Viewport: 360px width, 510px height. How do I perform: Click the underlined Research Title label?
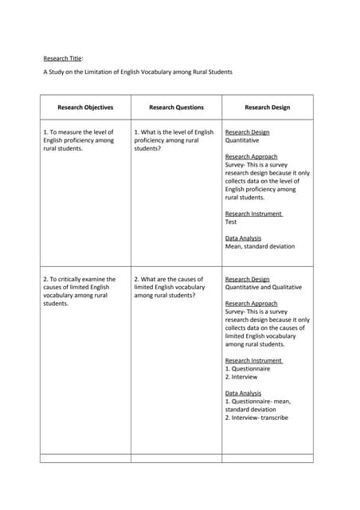pyautogui.click(x=62, y=57)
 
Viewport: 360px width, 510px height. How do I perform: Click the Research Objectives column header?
pyautogui.click(x=85, y=107)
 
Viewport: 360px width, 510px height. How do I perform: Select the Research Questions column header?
pyautogui.click(x=176, y=107)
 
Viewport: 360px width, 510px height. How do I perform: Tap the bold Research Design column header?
pyautogui.click(x=267, y=107)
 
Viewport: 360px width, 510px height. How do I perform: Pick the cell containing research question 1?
pyautogui.click(x=174, y=140)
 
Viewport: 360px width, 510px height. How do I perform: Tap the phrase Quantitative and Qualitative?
pyautogui.click(x=267, y=287)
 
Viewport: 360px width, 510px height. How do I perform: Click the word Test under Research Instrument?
pyautogui.click(x=231, y=222)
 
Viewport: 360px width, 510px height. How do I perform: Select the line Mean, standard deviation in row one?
pyautogui.click(x=260, y=246)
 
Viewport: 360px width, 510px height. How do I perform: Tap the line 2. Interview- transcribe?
pyautogui.click(x=256, y=417)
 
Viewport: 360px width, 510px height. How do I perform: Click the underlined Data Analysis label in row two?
pyautogui.click(x=243, y=393)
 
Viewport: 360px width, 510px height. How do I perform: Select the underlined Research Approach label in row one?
pyautogui.click(x=251, y=157)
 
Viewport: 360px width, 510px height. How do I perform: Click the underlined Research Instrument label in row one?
pyautogui.click(x=253, y=214)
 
